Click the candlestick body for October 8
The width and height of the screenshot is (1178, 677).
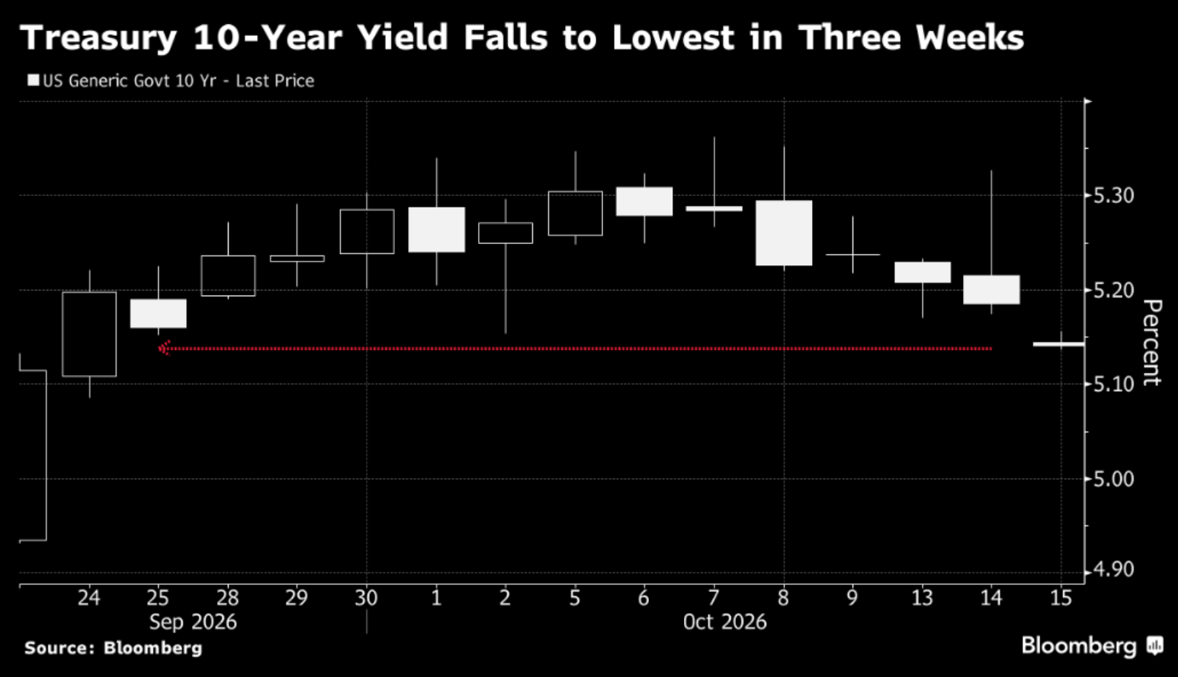(x=784, y=233)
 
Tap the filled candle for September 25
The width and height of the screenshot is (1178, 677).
(x=159, y=313)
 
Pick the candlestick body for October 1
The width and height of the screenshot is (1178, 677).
(x=436, y=229)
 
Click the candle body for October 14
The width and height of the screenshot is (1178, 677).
(x=991, y=289)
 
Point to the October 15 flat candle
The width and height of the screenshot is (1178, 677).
(x=1058, y=345)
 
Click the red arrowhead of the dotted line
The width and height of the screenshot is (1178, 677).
(x=164, y=348)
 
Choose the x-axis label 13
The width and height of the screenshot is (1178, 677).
(x=922, y=598)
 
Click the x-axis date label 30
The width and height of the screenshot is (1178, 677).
(x=366, y=598)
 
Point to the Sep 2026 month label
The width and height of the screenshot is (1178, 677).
(x=193, y=622)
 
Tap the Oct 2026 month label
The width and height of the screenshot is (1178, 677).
(x=724, y=622)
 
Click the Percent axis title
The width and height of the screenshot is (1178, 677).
(x=1151, y=342)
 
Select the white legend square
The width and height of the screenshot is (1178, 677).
(x=34, y=81)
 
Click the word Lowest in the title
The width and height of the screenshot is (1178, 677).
(x=672, y=38)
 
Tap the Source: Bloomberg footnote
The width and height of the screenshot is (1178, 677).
(x=113, y=647)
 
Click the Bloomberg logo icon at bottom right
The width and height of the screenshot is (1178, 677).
(x=1155, y=646)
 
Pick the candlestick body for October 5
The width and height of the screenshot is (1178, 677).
(x=576, y=213)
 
